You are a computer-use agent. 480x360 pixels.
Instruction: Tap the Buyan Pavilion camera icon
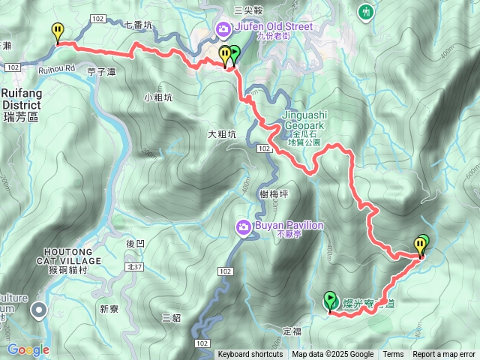click(243, 226)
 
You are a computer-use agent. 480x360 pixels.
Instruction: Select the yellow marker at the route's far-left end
click(58, 31)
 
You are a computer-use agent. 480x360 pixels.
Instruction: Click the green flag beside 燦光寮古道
click(329, 301)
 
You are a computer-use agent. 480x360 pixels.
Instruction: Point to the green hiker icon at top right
click(366, 12)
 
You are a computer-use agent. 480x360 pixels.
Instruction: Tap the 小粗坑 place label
click(158, 97)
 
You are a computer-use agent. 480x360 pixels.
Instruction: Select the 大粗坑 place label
click(221, 134)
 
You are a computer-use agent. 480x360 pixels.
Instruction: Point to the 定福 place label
click(292, 330)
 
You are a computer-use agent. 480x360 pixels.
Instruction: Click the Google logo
click(28, 349)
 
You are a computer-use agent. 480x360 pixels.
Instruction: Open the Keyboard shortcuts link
click(250, 355)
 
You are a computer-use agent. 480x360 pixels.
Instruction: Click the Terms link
click(393, 355)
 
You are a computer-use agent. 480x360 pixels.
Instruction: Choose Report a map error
click(444, 355)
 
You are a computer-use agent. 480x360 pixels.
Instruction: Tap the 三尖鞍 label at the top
click(248, 10)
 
